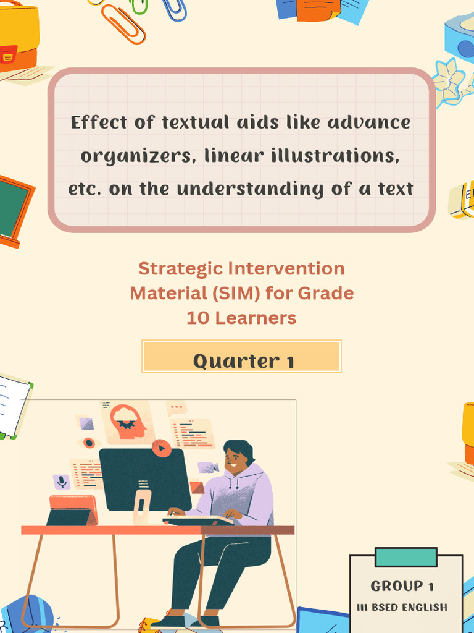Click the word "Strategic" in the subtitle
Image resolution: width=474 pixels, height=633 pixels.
pos(180,268)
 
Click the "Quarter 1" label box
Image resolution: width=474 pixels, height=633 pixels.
pos(241,357)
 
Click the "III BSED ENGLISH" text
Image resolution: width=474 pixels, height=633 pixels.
pos(402,607)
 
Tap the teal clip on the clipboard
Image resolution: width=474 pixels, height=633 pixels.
pos(405,557)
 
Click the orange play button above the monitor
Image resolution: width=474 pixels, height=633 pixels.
pos(161,448)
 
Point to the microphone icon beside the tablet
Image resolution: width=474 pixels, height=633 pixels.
pos(61,481)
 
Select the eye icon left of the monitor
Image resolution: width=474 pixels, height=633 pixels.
pos(89,443)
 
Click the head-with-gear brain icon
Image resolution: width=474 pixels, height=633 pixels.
pos(127,421)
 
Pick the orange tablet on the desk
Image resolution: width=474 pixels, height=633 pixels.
pos(73,509)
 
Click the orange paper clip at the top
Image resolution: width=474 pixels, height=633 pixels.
pos(123,23)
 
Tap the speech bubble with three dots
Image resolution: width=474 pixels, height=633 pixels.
pos(177,407)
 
